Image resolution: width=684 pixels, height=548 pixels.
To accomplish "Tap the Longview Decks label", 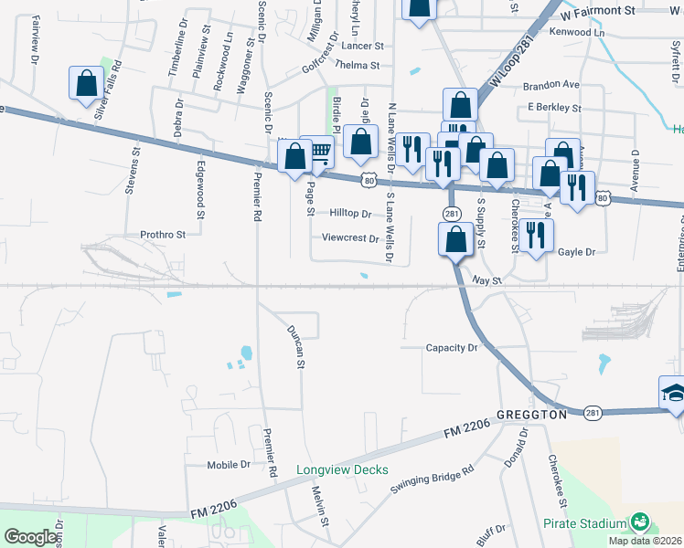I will (342, 470).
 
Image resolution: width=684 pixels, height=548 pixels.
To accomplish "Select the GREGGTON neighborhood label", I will (532, 414).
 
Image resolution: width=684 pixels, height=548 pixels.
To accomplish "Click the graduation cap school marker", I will (673, 394).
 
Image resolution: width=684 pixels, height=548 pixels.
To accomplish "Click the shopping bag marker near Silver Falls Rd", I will (85, 84).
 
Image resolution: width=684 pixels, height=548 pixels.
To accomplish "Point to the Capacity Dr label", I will (452, 348).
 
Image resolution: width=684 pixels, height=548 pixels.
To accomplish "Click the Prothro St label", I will (163, 234).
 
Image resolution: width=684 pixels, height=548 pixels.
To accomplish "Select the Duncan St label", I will (295, 347).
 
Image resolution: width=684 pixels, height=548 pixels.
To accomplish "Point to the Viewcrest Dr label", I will (349, 238).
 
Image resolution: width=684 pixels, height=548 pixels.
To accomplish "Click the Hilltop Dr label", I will (350, 214).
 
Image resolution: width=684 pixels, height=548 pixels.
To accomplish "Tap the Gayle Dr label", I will (576, 252).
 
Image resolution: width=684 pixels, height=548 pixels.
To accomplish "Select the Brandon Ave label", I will (550, 85).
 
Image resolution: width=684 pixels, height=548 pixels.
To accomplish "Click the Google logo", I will (31, 537).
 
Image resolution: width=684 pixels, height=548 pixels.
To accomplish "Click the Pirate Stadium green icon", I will (640, 523).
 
